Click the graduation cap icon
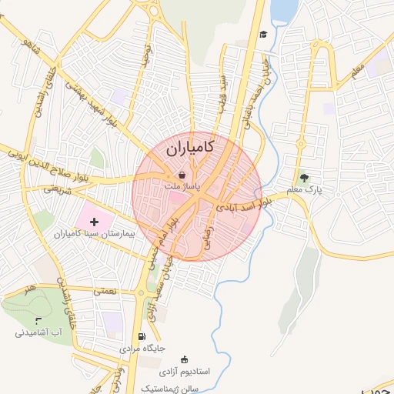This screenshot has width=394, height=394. click(263, 34)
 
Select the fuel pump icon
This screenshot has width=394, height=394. click(141, 336)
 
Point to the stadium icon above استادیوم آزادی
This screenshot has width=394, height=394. click(183, 359)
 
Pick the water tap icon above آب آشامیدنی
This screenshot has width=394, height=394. click(38, 320)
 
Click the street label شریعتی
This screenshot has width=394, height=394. click(58, 187)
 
